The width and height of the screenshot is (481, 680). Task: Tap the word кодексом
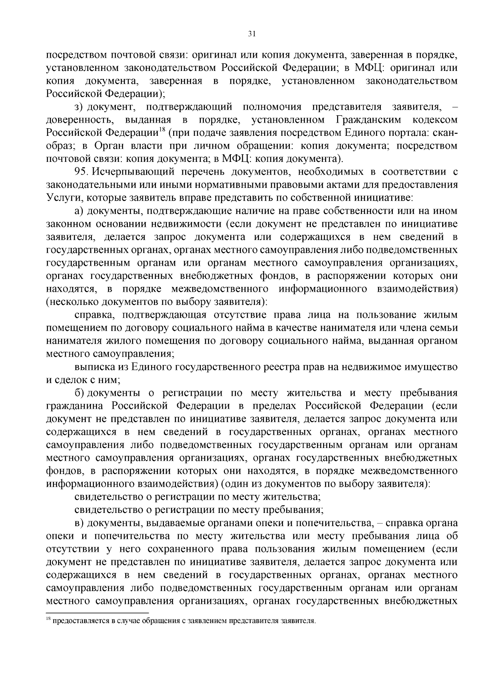(x=435, y=120)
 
